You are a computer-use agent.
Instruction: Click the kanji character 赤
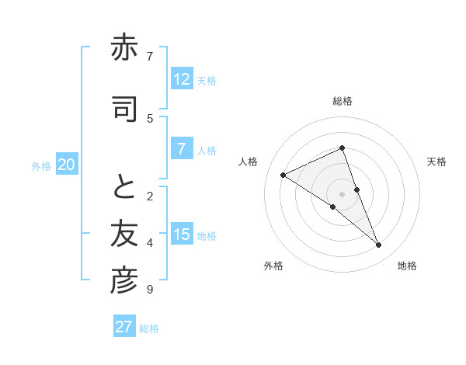click(x=124, y=50)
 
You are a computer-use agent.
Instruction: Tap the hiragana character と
click(x=124, y=186)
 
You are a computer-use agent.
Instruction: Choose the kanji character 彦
click(x=124, y=281)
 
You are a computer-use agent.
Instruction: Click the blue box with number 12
click(x=181, y=79)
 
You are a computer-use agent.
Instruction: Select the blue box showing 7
click(x=181, y=150)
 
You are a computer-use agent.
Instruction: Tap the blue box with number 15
click(x=181, y=235)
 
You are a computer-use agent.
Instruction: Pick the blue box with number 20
click(x=67, y=165)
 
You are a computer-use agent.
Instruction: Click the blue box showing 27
click(x=124, y=327)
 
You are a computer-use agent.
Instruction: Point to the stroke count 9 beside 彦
click(x=149, y=290)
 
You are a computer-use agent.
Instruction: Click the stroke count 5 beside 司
click(x=150, y=118)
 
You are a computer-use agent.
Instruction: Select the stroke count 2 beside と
click(x=150, y=195)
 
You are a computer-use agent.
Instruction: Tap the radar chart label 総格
click(x=343, y=101)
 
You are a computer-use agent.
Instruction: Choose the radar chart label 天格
click(x=436, y=162)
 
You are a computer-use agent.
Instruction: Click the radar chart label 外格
click(x=273, y=266)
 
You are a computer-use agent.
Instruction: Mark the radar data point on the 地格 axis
click(x=379, y=245)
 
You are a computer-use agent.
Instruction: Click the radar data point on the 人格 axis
click(x=283, y=176)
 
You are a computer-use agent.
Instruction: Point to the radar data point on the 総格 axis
click(x=343, y=148)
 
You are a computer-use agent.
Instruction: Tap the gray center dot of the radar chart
click(x=343, y=194)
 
